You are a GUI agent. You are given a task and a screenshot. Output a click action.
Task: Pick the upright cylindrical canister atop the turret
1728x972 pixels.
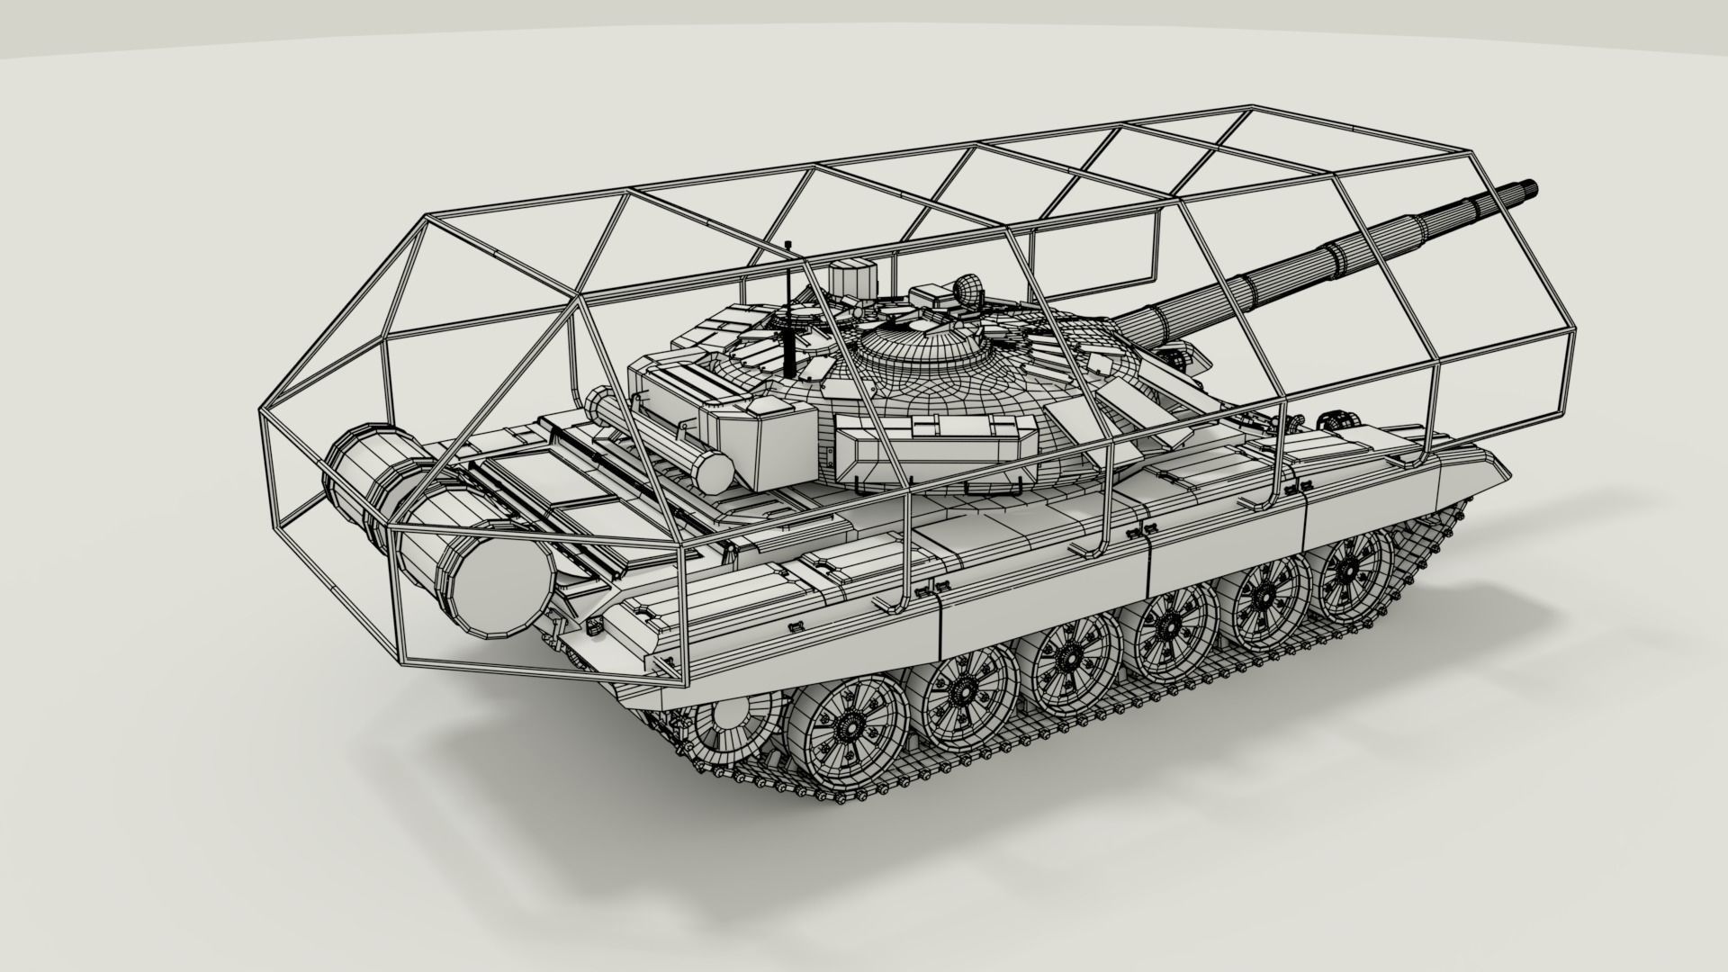click(852, 277)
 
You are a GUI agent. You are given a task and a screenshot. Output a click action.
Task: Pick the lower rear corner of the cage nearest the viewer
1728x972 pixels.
click(401, 664)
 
